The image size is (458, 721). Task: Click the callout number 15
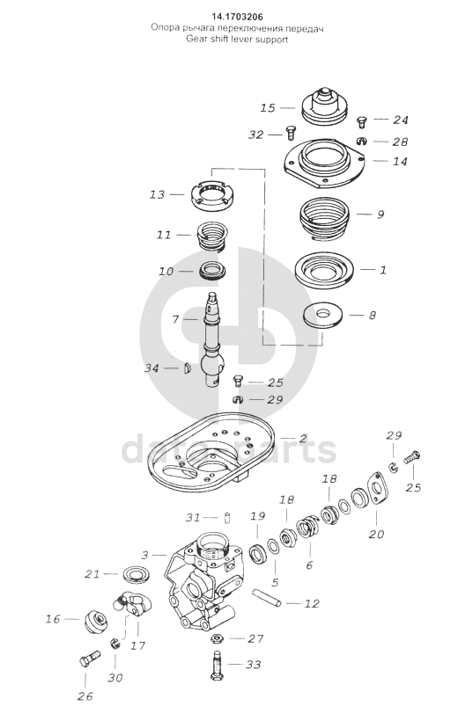coord(268,108)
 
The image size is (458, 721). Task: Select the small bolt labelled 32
coord(291,133)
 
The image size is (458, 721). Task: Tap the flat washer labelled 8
coord(322,315)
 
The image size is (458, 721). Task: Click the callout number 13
coord(157,194)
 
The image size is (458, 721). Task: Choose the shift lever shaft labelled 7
coord(212,340)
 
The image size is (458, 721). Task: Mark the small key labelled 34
coord(186,368)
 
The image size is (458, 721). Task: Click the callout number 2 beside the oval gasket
coord(302,438)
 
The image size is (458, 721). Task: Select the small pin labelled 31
coord(226,517)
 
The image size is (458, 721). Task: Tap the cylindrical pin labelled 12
coord(266,598)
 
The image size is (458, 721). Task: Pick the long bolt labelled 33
coord(216,664)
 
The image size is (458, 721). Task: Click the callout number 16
coord(53,619)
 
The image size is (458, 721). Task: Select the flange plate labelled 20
coord(377,492)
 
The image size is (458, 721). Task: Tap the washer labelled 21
coord(134,575)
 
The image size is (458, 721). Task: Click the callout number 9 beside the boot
coord(380,215)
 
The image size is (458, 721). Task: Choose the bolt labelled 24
coord(361,123)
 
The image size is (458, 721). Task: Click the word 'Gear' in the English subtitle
coord(195,39)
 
